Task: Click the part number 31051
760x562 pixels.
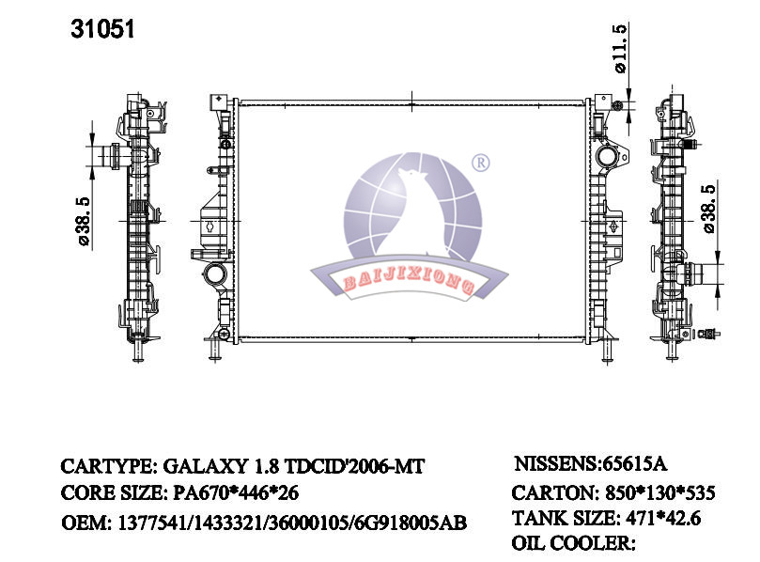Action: (x=102, y=29)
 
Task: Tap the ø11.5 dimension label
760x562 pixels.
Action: (x=620, y=49)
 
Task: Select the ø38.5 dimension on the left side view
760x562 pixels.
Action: (x=83, y=222)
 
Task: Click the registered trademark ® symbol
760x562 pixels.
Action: (x=481, y=163)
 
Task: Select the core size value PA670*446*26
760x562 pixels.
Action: (x=236, y=493)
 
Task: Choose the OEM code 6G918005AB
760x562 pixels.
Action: (x=411, y=523)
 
